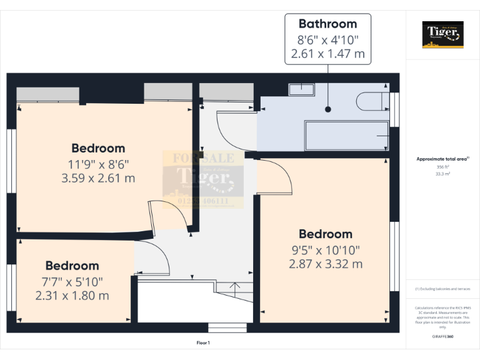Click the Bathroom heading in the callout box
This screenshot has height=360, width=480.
(327, 24)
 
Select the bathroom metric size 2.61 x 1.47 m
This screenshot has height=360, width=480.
(327, 54)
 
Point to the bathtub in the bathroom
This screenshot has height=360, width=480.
(346, 135)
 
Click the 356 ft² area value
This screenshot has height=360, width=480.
(443, 167)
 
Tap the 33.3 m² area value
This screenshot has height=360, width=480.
(443, 174)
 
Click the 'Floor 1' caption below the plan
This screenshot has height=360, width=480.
(203, 342)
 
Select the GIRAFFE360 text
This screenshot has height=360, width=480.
(443, 337)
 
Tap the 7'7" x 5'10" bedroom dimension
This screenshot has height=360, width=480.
(72, 281)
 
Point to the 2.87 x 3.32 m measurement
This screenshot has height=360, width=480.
(325, 264)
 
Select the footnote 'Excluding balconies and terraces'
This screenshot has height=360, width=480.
(443, 289)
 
